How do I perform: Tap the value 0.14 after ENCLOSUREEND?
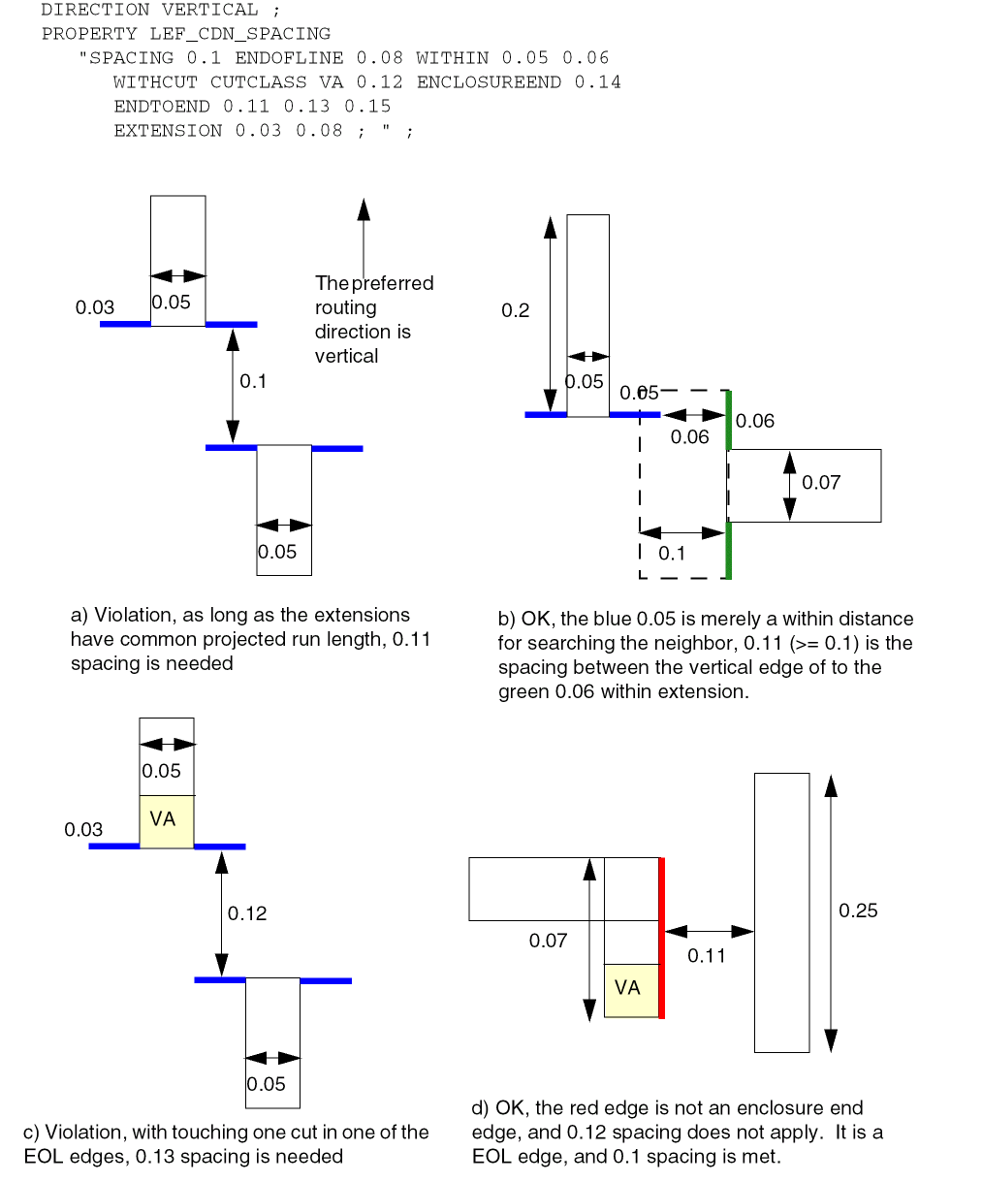tap(597, 82)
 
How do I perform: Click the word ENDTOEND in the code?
tap(161, 107)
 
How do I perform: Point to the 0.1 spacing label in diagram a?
tap(253, 381)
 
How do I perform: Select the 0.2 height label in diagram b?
tap(516, 310)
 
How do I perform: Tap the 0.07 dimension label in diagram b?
tap(821, 482)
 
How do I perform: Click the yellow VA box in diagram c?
tap(166, 820)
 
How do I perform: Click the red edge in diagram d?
tap(661, 938)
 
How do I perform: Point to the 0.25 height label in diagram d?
tap(858, 910)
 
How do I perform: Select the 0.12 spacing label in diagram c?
tap(247, 913)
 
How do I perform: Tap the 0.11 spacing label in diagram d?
tap(707, 956)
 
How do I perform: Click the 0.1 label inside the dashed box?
tap(672, 554)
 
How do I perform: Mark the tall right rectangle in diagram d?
tap(781, 911)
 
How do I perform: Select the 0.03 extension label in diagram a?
tap(95, 308)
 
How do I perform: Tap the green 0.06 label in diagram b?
tap(755, 421)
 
